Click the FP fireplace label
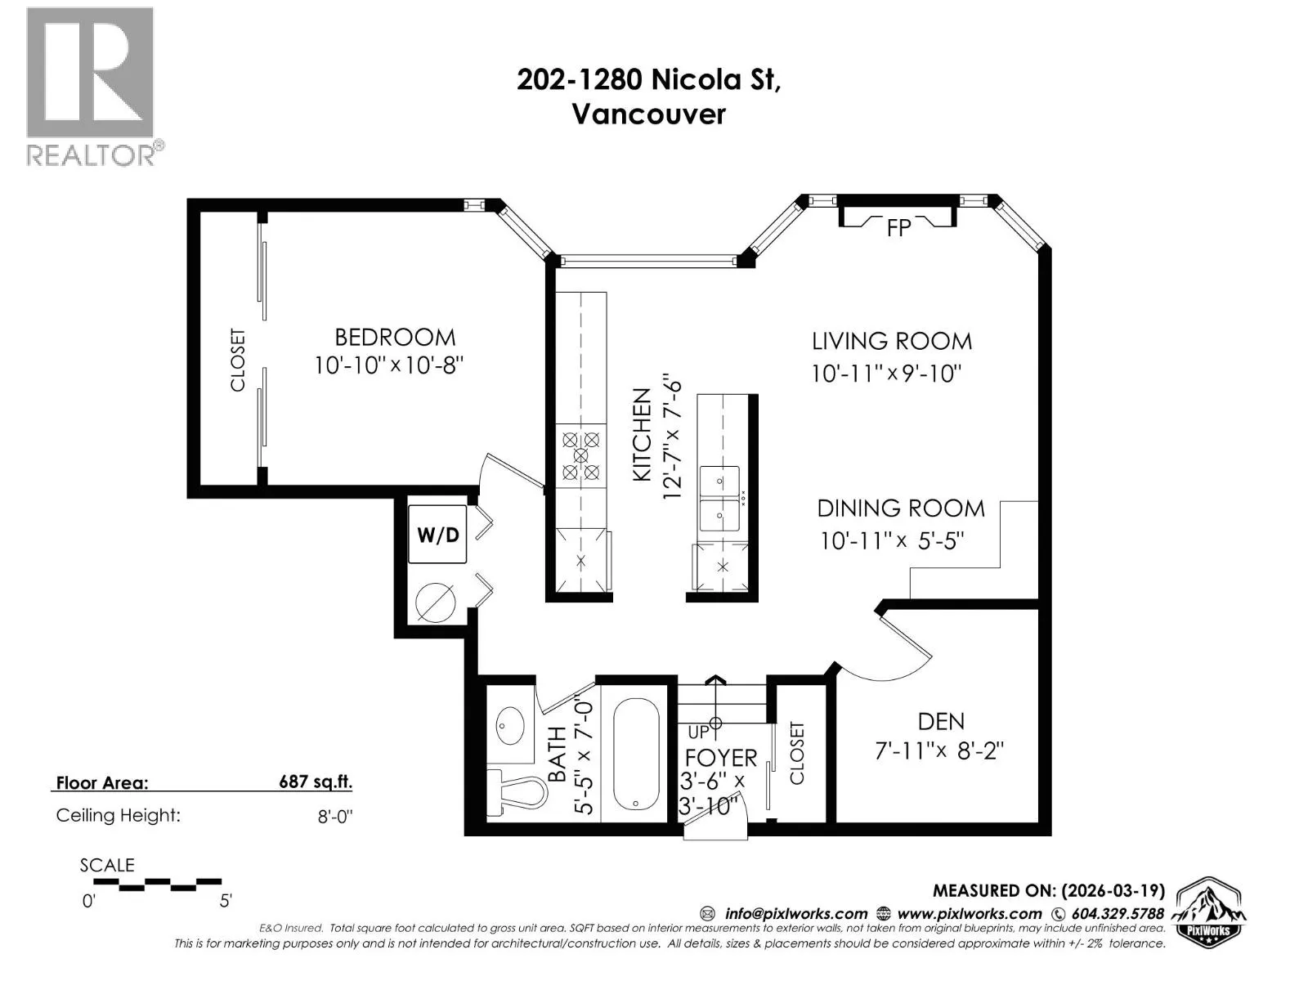point(898,228)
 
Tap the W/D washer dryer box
point(437,534)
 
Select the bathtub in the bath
point(636,754)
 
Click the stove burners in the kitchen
point(581,456)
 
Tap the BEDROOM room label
point(395,338)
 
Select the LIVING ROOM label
point(891,341)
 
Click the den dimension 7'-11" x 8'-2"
point(940,750)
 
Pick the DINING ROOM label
point(900,508)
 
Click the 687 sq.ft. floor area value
point(316,782)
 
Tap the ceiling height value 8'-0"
point(335,815)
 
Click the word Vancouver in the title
point(649,114)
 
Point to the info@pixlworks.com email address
point(796,914)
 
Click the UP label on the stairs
point(698,732)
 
